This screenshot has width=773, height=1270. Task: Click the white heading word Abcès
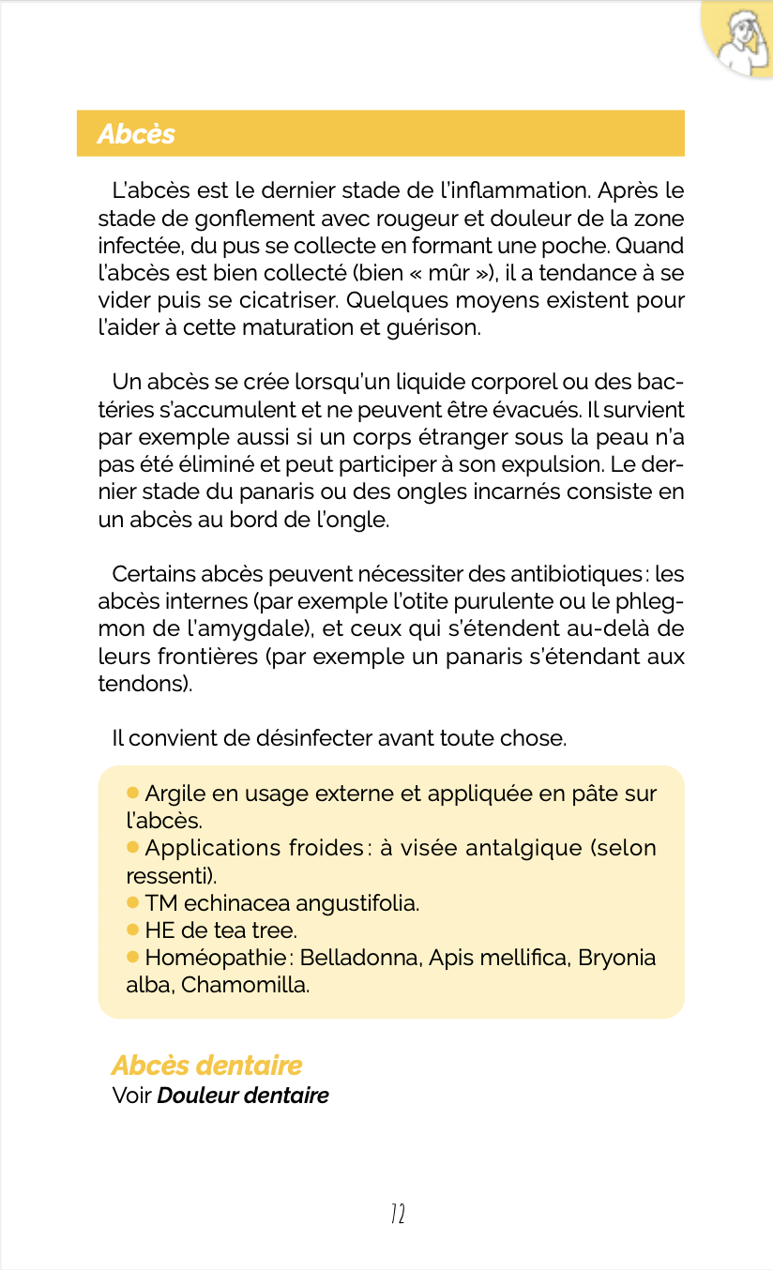click(x=136, y=134)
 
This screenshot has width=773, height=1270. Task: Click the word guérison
click(x=432, y=329)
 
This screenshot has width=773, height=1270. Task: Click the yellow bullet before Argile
click(x=132, y=794)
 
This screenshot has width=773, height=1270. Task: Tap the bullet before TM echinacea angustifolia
click(x=132, y=903)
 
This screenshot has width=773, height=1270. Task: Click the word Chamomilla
click(x=245, y=986)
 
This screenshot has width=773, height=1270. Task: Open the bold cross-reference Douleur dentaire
click(x=243, y=1096)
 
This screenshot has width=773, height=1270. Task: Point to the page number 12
click(x=397, y=1215)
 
